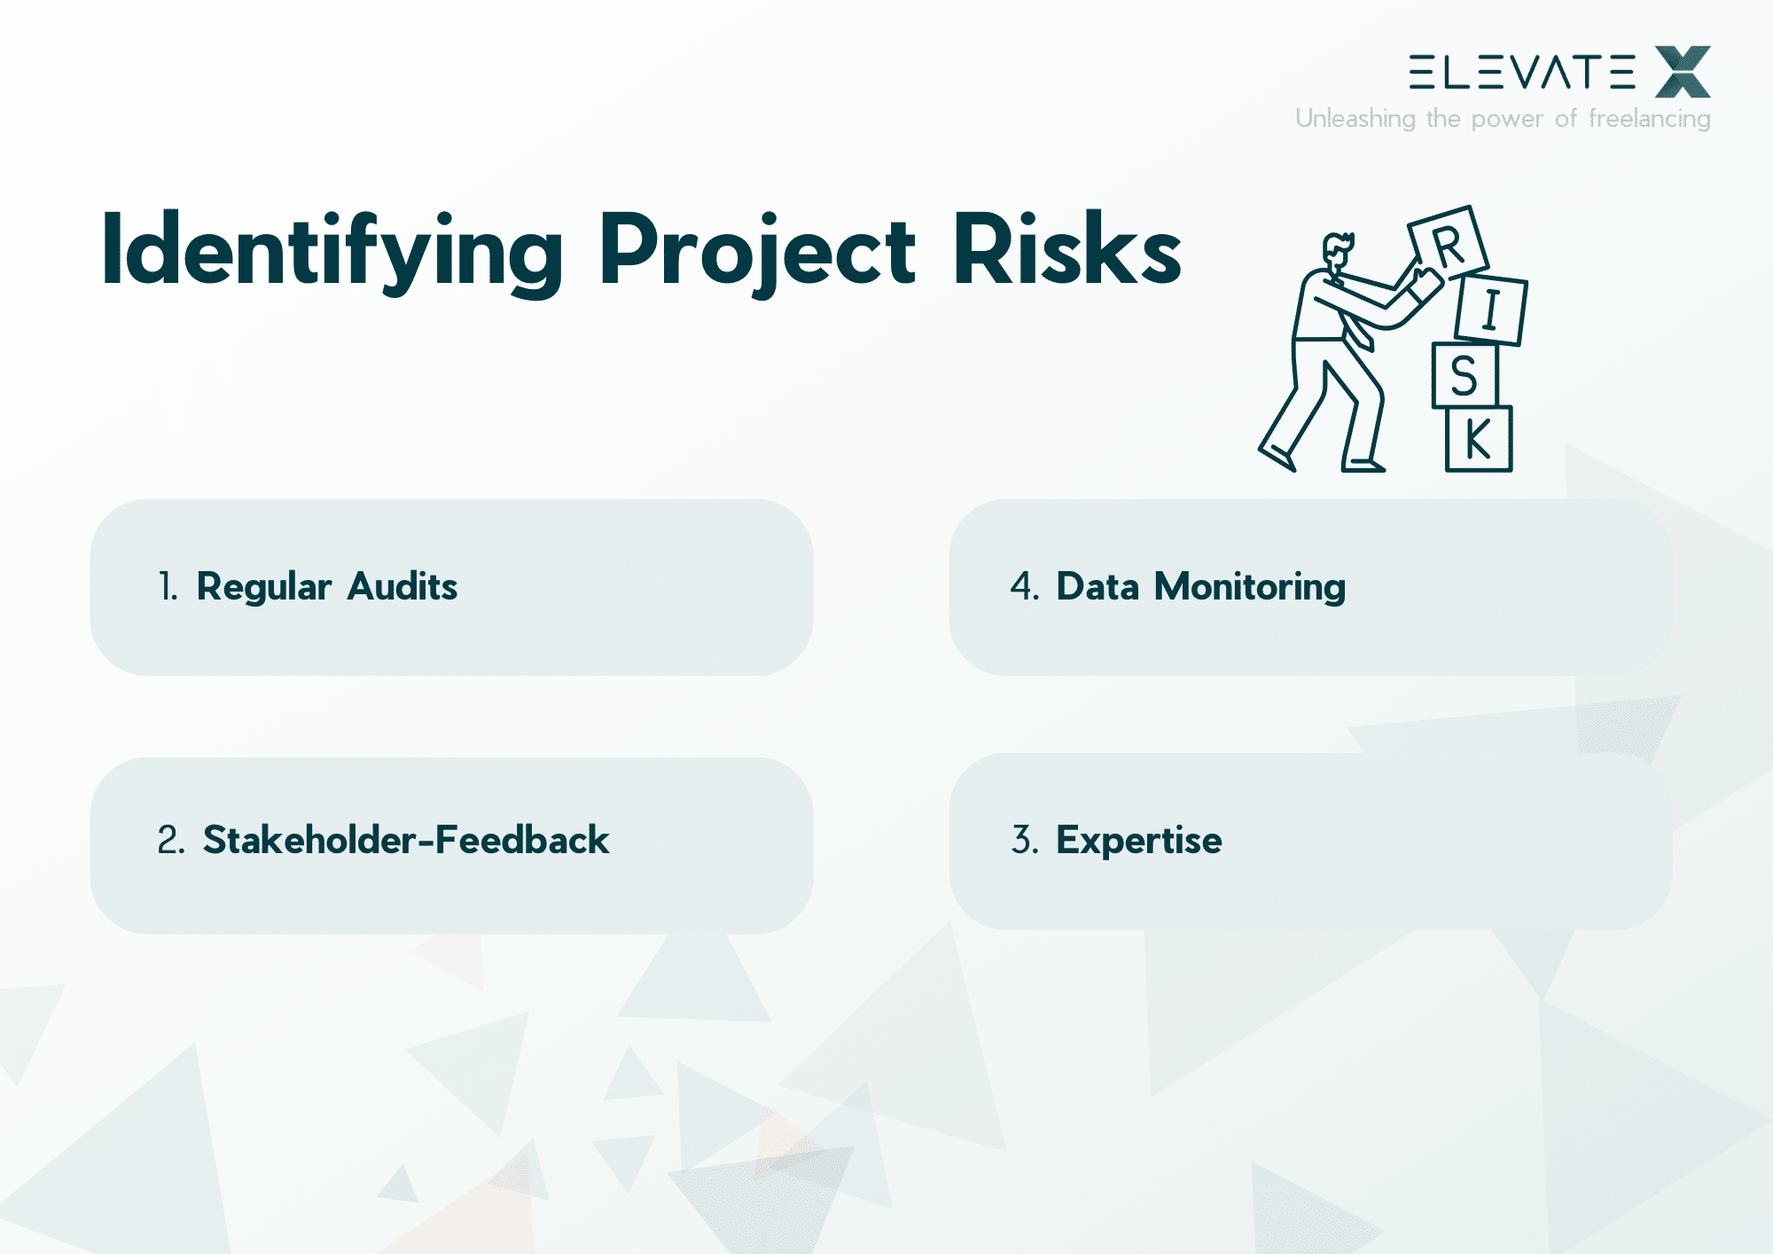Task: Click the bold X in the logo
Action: [1683, 72]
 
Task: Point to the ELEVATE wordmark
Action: [1522, 72]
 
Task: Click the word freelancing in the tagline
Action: [1649, 118]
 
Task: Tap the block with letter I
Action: [1491, 310]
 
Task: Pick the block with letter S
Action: [1464, 375]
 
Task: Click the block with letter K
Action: [1478, 439]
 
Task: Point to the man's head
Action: [1337, 250]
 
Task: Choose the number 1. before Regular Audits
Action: [168, 587]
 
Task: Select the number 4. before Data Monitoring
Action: [1024, 587]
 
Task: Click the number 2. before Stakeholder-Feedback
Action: [170, 840]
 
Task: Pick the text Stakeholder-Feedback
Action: [406, 840]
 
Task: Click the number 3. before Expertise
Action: [1024, 840]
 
